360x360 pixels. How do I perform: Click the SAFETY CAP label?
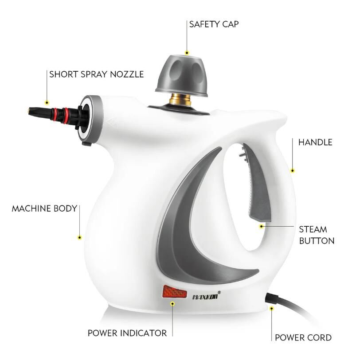click(x=214, y=24)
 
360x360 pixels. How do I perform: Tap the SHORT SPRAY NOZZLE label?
click(x=97, y=74)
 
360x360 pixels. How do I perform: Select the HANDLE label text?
click(x=315, y=142)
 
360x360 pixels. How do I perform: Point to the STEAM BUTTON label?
click(x=317, y=235)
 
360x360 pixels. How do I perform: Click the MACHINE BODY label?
click(x=44, y=209)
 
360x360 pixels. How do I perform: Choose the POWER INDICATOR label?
click(x=127, y=333)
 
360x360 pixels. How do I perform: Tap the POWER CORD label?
click(x=303, y=337)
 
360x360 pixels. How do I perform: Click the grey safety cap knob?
click(x=182, y=76)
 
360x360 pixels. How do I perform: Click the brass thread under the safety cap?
click(x=181, y=100)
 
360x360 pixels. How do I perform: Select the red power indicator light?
click(x=175, y=292)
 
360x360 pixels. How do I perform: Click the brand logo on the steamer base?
click(x=206, y=296)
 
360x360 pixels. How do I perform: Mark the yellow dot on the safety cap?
click(x=187, y=53)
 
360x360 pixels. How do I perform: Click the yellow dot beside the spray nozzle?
click(x=47, y=103)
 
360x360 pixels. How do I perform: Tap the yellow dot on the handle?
click(x=293, y=170)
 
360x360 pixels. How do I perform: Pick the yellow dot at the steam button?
click(x=261, y=227)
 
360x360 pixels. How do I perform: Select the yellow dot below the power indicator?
click(x=172, y=304)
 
